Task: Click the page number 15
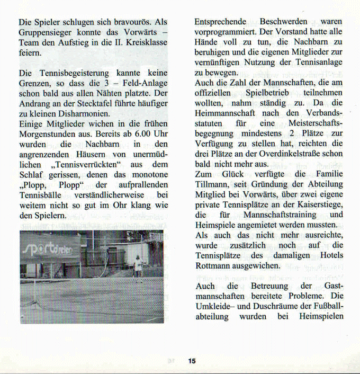191,361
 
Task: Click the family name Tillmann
211,184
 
